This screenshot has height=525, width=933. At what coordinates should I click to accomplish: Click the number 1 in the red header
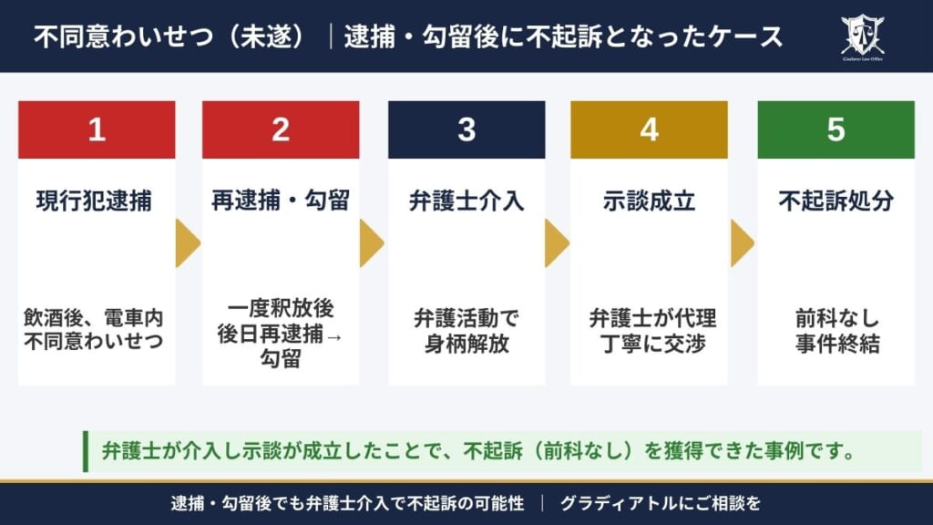(x=97, y=129)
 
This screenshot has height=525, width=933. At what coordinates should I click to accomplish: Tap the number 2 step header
(x=281, y=129)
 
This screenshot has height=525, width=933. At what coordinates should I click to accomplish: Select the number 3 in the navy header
(x=466, y=129)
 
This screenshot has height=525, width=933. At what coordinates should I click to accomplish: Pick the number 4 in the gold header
(x=649, y=129)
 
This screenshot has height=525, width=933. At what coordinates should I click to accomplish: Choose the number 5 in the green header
(x=836, y=129)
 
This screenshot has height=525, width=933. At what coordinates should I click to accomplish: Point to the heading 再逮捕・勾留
(x=281, y=201)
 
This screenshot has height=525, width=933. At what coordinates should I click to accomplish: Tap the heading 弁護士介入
(x=466, y=201)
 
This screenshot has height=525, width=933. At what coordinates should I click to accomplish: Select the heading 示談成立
(x=649, y=201)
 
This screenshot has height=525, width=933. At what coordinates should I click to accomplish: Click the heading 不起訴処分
(x=836, y=201)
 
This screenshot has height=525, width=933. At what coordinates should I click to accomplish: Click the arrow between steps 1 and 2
(x=188, y=243)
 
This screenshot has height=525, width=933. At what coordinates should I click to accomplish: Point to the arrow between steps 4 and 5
(x=742, y=243)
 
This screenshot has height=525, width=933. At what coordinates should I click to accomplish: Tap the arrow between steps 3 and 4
(x=557, y=243)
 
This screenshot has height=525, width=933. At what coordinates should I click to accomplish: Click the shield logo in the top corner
(x=862, y=34)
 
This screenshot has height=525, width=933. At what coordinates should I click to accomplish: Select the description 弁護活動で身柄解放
(x=466, y=332)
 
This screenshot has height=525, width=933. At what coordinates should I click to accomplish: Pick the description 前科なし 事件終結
(x=836, y=332)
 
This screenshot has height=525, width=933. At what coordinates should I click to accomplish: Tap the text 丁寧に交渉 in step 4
(x=649, y=344)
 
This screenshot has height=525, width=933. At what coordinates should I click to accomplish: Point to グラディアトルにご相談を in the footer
(x=660, y=503)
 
